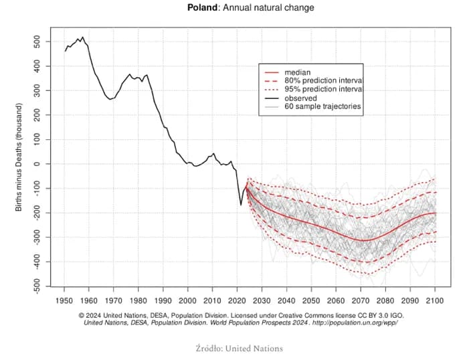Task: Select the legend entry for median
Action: tap(296, 71)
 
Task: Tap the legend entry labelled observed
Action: tap(302, 97)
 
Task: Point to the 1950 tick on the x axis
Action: tap(65, 300)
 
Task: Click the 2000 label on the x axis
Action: tap(187, 300)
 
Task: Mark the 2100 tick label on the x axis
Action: tap(435, 300)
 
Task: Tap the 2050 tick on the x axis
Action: tap(311, 300)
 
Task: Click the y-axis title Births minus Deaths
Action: tap(20, 158)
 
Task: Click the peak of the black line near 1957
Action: tap(82, 37)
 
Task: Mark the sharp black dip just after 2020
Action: tap(241, 204)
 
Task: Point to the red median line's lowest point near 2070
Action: tap(363, 240)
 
